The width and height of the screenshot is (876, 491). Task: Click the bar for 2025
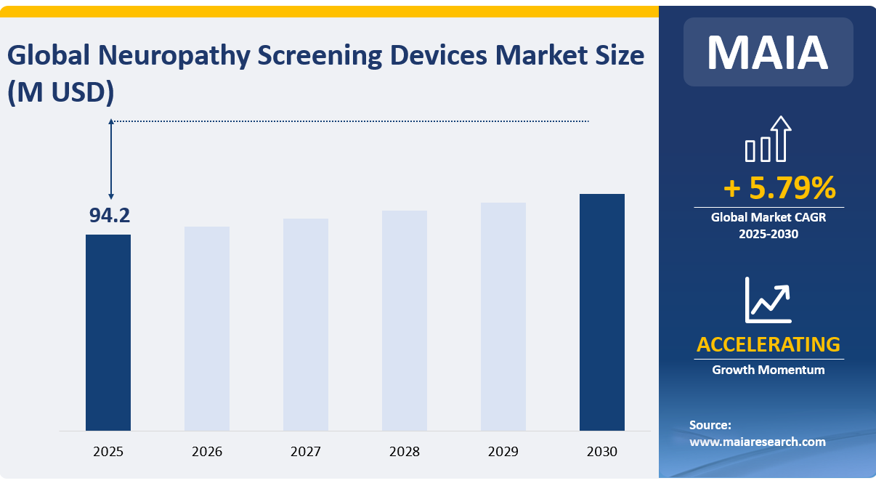108,332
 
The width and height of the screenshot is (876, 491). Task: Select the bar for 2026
207,328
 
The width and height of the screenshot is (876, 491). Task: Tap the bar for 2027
306,324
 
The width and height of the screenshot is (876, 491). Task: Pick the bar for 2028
405,320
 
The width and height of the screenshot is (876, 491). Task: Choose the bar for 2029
503,316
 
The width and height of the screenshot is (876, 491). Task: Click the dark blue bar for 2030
602,312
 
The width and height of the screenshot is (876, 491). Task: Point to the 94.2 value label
109,216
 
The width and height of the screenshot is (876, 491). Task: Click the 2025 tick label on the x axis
108,451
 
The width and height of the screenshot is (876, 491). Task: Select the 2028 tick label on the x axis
405,451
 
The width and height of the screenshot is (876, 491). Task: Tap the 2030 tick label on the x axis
602,451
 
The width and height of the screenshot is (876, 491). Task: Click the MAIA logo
768,52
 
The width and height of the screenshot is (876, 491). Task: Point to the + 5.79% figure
779,189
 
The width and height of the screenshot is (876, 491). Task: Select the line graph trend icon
768,300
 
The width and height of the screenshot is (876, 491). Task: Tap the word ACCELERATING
768,344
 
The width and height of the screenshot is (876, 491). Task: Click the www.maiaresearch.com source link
757,441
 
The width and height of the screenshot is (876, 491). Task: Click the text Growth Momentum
768,370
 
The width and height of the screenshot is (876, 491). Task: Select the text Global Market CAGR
768,216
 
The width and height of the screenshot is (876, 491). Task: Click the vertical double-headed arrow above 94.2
111,159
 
